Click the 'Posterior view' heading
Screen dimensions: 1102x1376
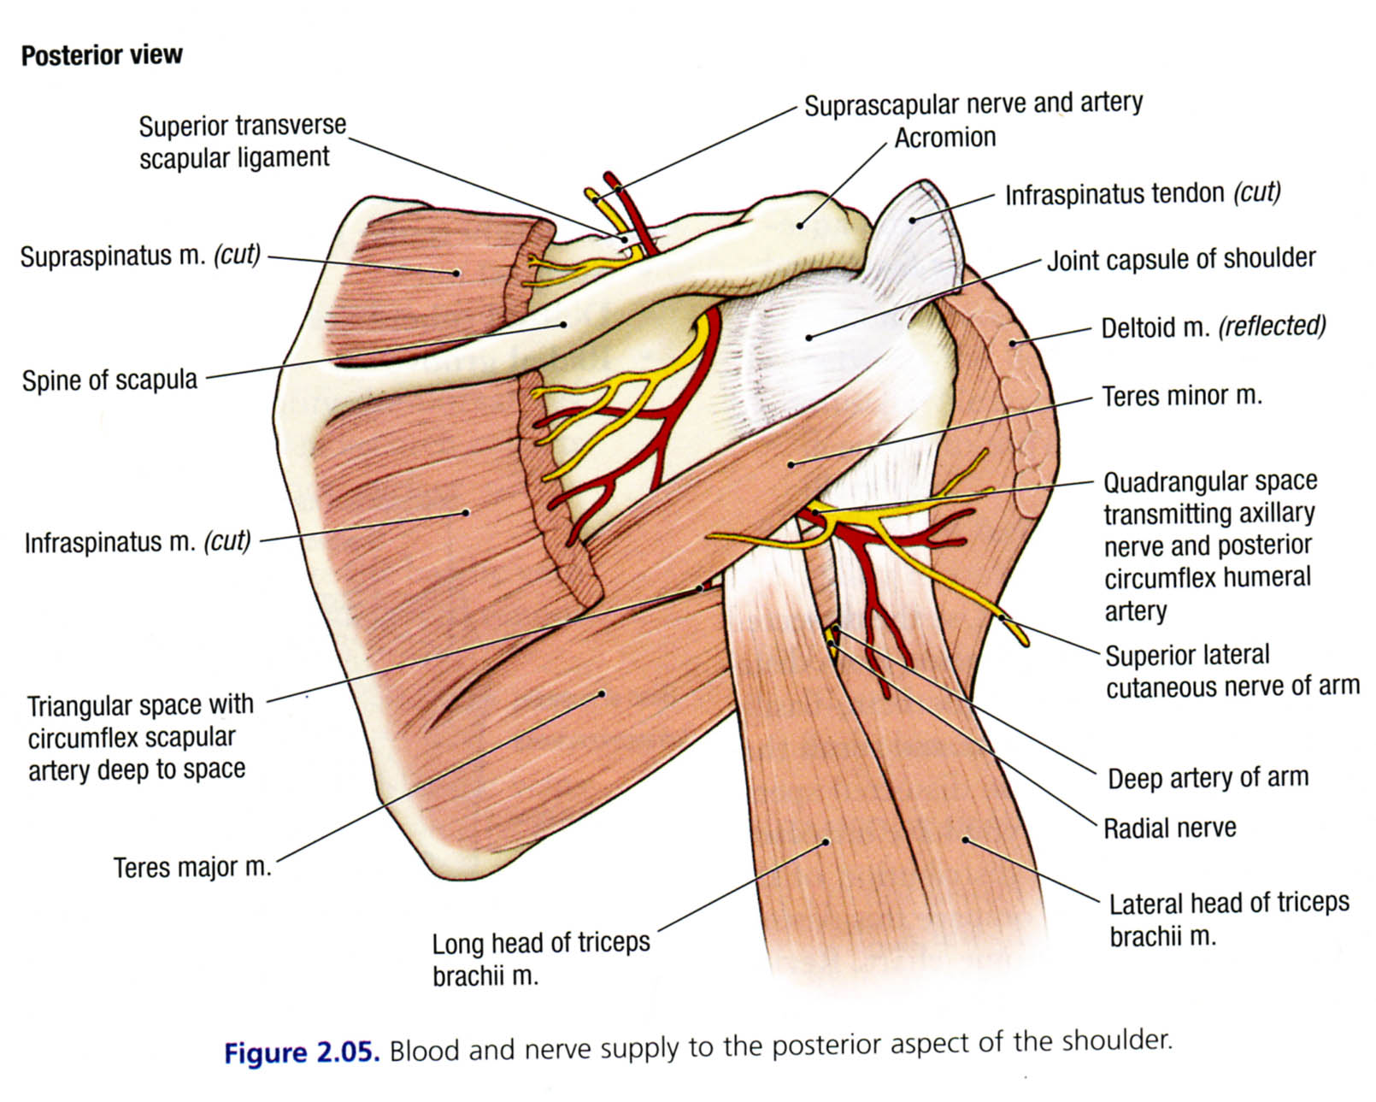(x=102, y=56)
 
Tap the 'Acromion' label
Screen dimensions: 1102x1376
(x=944, y=138)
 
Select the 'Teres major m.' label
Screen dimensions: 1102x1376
(x=192, y=867)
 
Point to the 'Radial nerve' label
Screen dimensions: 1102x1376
(x=1169, y=828)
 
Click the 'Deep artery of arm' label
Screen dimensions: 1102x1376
(x=1208, y=777)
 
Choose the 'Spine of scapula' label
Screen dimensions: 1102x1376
(x=109, y=380)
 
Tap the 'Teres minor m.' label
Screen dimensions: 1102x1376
(x=1181, y=396)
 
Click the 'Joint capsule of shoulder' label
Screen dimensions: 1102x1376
(x=1181, y=258)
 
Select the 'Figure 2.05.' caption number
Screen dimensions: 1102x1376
(x=301, y=1052)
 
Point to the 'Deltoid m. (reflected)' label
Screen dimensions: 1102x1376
(x=1213, y=327)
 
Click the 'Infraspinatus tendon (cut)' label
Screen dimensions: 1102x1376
(x=1143, y=194)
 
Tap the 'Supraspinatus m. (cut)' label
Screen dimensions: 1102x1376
(x=140, y=256)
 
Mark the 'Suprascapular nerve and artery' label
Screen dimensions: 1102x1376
(x=973, y=104)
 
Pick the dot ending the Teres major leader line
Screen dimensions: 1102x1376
(x=603, y=693)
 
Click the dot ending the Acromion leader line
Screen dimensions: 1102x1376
(x=800, y=226)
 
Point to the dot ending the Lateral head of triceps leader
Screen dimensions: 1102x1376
(x=966, y=840)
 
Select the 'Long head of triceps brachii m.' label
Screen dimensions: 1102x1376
(x=540, y=958)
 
